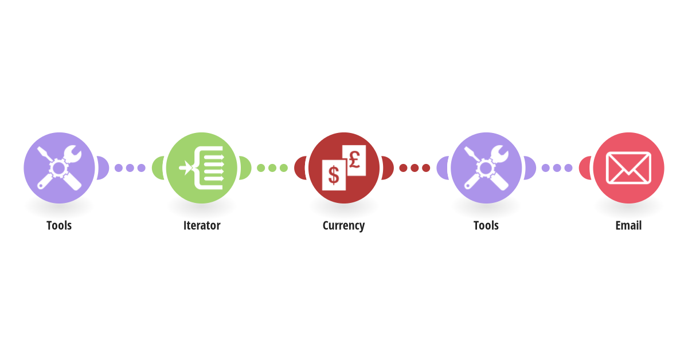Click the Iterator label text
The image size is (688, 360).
coord(202,225)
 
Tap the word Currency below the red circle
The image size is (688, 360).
coord(343,226)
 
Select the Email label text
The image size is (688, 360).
coord(628,225)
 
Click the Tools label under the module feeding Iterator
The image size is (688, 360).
coord(59,225)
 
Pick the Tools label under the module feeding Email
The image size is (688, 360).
coord(486,225)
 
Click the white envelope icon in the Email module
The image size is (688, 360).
coord(628,168)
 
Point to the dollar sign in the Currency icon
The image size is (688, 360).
coord(334,175)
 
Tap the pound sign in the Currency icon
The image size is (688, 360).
coord(354,160)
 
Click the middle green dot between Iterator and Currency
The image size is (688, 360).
coord(272,168)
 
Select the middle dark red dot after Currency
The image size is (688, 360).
coord(415,168)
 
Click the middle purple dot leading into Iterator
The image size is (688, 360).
coord(130,168)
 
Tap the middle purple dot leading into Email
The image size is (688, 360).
coord(557,168)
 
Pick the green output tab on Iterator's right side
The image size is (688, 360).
coord(245,168)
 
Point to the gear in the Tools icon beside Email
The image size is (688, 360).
coord(486,168)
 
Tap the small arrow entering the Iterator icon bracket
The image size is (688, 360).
coord(186,168)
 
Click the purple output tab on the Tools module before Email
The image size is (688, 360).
coord(530,168)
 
